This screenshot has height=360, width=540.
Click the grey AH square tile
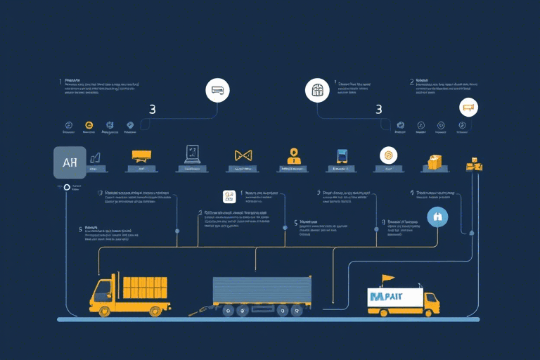(x=70, y=162)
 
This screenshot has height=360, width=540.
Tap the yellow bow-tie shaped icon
(x=243, y=155)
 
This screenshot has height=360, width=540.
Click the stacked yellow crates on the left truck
(x=145, y=287)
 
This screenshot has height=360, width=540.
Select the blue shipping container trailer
(x=262, y=290)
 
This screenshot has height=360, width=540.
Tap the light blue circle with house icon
(x=437, y=217)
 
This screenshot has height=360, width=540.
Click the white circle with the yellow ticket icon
(x=468, y=108)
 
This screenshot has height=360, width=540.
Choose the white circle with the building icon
(x=316, y=90)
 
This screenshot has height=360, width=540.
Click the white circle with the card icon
(x=217, y=90)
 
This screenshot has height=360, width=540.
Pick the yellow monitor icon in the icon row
(x=141, y=156)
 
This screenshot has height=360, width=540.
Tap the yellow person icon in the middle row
(x=293, y=156)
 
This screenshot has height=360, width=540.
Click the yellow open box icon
(x=434, y=162)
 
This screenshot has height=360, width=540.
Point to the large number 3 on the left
(x=153, y=110)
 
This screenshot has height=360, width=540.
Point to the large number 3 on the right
(x=379, y=110)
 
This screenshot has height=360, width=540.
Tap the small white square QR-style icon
(x=228, y=197)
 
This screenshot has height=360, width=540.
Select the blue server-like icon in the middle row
(x=342, y=157)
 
